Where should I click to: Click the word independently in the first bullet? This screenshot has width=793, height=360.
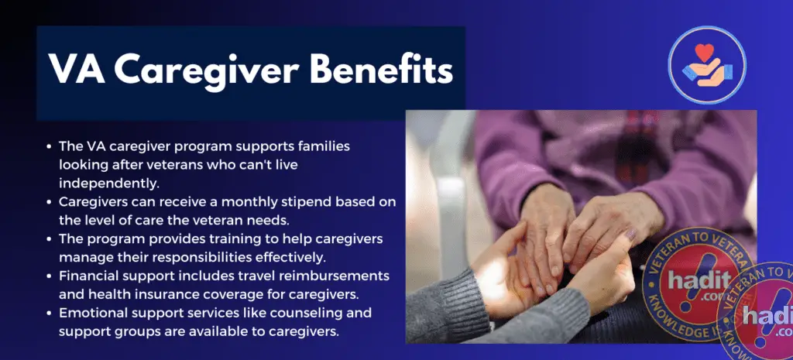pos(109,183)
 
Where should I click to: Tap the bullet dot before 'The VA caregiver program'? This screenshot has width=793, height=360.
pos(49,146)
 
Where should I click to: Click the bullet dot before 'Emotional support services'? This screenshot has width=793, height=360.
pos(49,313)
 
